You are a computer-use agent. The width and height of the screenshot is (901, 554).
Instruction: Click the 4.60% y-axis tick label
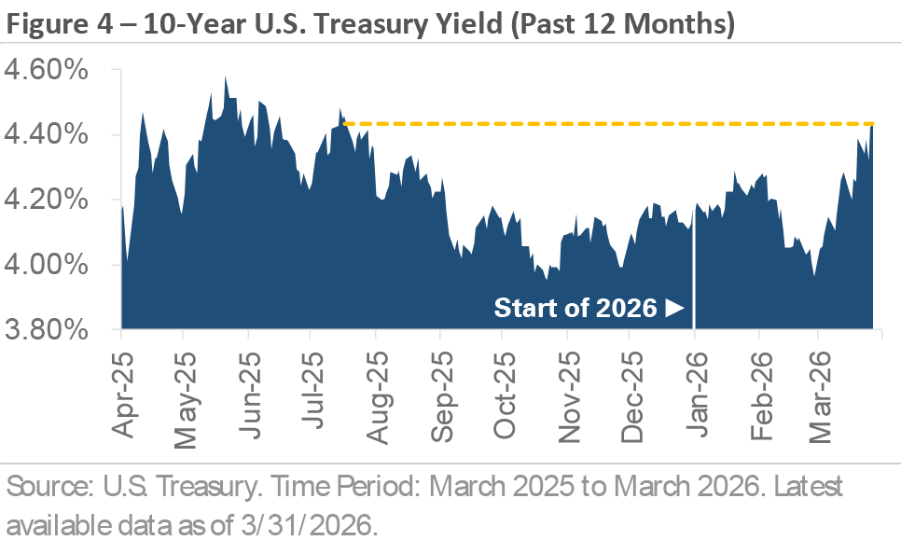click(x=58, y=71)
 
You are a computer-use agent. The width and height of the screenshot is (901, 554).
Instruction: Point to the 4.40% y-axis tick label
click(x=58, y=136)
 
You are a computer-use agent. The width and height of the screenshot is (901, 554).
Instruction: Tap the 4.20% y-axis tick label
click(x=58, y=201)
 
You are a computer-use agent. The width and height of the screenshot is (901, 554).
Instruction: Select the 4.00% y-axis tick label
click(x=58, y=266)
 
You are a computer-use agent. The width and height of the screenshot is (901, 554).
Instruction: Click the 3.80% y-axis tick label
click(x=58, y=330)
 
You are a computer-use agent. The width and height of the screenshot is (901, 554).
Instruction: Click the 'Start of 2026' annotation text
click(x=575, y=308)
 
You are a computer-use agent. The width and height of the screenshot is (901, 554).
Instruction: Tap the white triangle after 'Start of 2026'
click(x=675, y=308)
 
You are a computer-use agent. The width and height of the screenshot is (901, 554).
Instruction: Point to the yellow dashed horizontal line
click(x=606, y=123)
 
